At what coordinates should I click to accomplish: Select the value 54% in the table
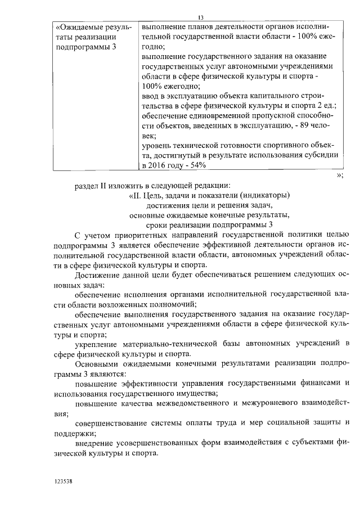click(196, 165)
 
